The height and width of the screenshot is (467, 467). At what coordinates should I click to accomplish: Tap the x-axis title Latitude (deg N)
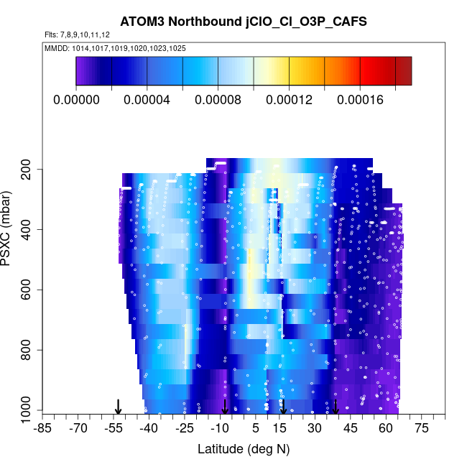tap(244, 449)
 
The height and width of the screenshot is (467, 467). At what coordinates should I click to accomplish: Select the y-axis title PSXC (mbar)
tap(9, 230)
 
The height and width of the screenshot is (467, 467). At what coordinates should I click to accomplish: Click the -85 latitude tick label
tap(42, 428)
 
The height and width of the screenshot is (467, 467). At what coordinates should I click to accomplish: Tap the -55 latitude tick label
tap(113, 428)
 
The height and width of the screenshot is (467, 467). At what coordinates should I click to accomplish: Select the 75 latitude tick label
tap(421, 428)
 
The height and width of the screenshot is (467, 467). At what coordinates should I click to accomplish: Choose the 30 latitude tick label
tap(315, 428)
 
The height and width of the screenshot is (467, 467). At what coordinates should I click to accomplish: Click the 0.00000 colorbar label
tap(77, 100)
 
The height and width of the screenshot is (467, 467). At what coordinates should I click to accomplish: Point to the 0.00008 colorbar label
tap(218, 100)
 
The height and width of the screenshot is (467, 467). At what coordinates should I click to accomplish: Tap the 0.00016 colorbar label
tap(360, 100)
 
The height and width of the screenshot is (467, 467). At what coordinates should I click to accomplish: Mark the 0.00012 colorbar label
tap(289, 100)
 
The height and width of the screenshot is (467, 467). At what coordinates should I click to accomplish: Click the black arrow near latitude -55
tap(119, 407)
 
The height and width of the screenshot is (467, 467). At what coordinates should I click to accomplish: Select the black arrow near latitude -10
tap(225, 407)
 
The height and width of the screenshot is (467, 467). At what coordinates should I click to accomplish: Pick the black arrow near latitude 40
tap(336, 407)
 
